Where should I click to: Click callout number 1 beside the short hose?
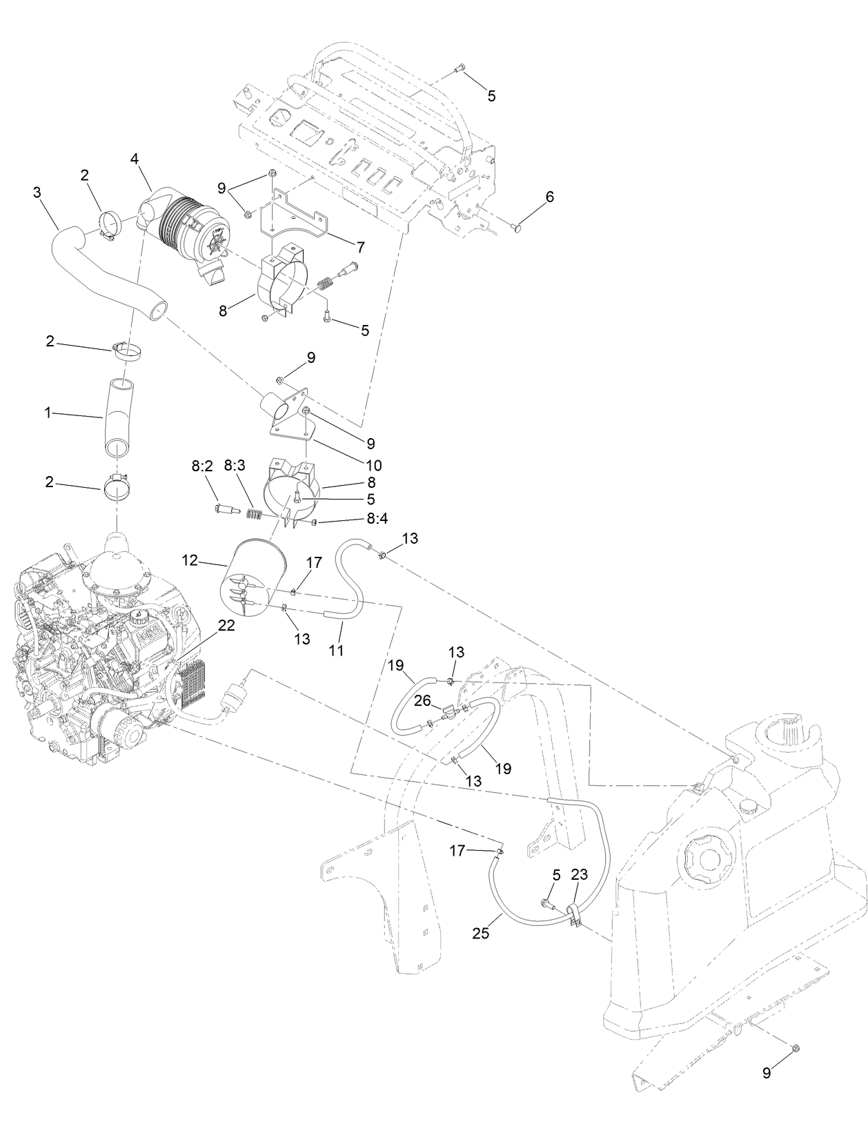coord(48,413)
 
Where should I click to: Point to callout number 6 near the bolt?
coord(549,196)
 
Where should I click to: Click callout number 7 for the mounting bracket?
coord(360,246)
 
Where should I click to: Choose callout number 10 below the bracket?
coord(373,465)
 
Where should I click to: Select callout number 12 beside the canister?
coord(190,560)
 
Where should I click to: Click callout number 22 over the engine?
coord(226,625)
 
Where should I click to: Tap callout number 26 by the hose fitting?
coord(422,700)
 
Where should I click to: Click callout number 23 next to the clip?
coord(579,874)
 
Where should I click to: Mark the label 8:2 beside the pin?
coord(201,466)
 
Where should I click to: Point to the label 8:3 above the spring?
coord(235,466)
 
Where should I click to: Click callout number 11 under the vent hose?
coord(336,649)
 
